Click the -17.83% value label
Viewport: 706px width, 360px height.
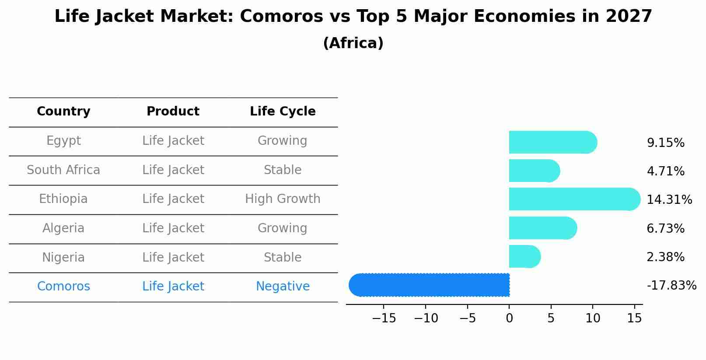671,286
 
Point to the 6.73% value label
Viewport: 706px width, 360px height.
665,228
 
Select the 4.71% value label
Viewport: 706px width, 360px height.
665,171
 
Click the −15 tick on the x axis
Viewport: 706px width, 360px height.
384,318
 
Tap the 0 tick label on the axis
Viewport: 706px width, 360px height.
509,318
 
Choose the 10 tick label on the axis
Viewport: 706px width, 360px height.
593,318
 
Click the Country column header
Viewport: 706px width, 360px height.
63,112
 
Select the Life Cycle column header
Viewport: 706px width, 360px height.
283,112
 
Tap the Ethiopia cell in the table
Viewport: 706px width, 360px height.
63,199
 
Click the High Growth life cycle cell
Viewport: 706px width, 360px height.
283,199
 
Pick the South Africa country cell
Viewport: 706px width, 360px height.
63,170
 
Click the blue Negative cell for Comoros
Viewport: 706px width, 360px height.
283,287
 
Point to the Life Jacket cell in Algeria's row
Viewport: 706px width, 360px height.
173,228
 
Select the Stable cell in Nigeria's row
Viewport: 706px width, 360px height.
283,257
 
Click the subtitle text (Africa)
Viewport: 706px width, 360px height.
353,43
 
